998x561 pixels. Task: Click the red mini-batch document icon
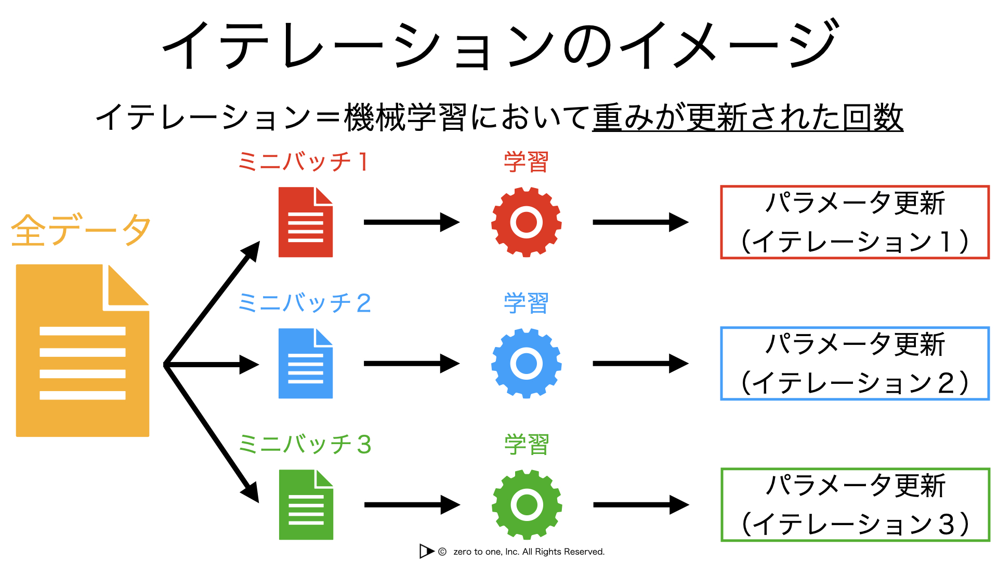(x=306, y=222)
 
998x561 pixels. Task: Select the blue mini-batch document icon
(x=306, y=364)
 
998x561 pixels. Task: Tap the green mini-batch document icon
(x=306, y=505)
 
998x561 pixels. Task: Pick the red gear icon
(x=527, y=222)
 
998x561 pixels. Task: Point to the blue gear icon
(x=527, y=364)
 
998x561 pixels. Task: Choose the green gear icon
(x=527, y=505)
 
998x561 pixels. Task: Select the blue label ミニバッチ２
(x=305, y=303)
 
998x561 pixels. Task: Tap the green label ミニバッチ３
(x=305, y=444)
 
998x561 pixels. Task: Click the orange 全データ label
(x=81, y=230)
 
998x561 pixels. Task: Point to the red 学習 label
(x=526, y=162)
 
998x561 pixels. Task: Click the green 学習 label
(x=527, y=444)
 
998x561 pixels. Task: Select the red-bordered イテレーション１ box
(x=855, y=186)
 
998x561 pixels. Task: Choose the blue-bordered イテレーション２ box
(x=855, y=327)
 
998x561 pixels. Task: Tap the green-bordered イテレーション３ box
(x=855, y=469)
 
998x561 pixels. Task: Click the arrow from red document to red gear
(x=412, y=222)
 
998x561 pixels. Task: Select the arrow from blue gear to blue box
(x=641, y=364)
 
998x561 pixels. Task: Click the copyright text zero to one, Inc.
(x=529, y=552)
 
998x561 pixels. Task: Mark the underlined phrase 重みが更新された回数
(x=748, y=117)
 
